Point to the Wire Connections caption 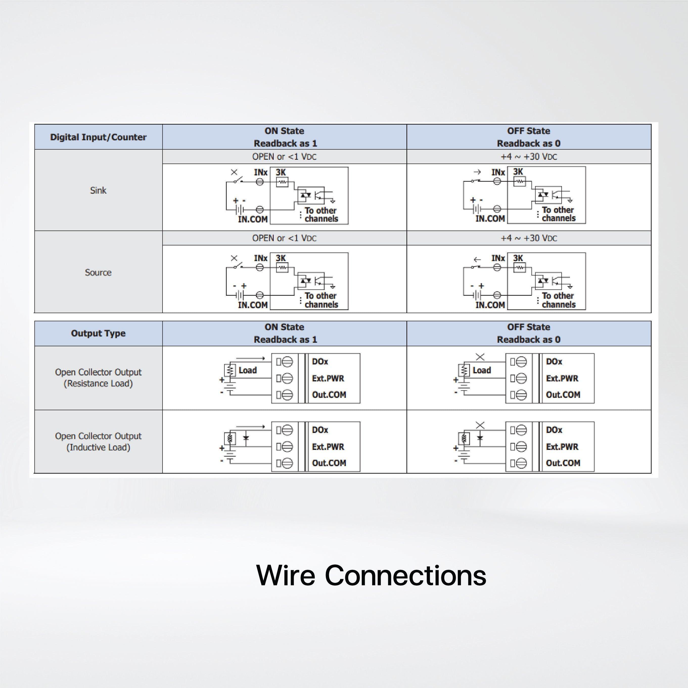point(371,575)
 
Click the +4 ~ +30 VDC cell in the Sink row point(529,157)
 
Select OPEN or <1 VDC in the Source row point(284,238)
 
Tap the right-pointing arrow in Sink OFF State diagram point(477,172)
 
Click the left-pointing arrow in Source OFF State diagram point(477,260)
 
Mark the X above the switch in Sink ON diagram point(234,172)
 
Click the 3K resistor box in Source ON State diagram point(282,267)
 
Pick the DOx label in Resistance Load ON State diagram point(320,361)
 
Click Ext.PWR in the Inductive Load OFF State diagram point(562,447)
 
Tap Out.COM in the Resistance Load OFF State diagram point(563,395)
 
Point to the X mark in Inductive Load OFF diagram point(480,425)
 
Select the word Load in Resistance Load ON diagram point(247,370)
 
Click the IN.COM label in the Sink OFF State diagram point(490,219)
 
